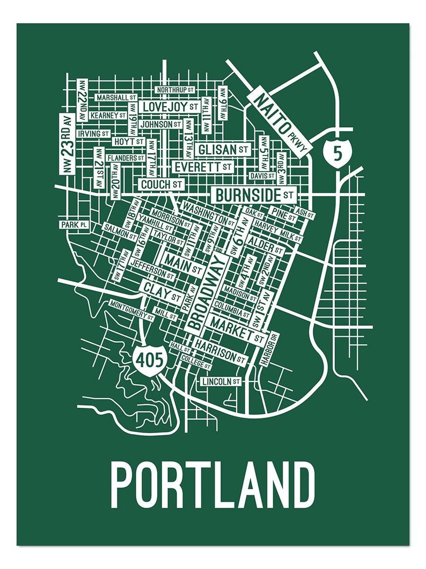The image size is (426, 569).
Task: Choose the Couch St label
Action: (x=161, y=184)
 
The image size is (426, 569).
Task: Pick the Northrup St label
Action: (x=174, y=89)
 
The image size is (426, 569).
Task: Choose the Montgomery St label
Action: (x=131, y=306)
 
